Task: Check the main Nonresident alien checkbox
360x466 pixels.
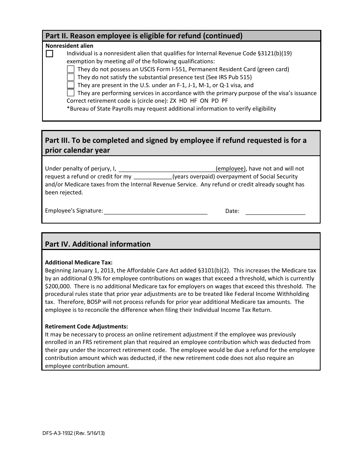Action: click(x=50, y=54)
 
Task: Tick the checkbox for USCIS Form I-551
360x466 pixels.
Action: click(x=70, y=69)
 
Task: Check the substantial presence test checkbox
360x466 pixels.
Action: click(x=70, y=77)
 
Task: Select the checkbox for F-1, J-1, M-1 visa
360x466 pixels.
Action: click(x=70, y=85)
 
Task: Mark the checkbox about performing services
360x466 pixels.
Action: click(x=70, y=93)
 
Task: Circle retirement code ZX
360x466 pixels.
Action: click(x=173, y=101)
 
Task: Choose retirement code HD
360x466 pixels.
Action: click(x=183, y=101)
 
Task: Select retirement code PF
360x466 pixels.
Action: click(x=224, y=101)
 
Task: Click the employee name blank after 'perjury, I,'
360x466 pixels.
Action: click(x=167, y=169)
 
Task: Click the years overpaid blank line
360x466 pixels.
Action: click(x=153, y=177)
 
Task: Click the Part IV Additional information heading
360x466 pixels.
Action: click(x=98, y=244)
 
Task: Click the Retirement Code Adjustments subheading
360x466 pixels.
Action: click(x=86, y=326)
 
